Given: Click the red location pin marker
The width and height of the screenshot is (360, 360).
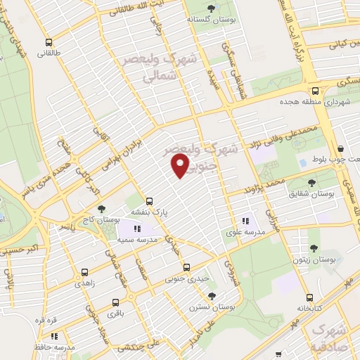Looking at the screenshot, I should [180, 166].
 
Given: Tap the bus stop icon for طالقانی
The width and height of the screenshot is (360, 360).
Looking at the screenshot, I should [48, 42].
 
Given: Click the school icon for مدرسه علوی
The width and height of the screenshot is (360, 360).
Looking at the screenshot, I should [245, 219].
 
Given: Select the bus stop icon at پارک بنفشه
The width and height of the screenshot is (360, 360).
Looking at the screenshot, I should [148, 200].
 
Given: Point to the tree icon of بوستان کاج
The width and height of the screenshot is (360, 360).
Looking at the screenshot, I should [103, 209].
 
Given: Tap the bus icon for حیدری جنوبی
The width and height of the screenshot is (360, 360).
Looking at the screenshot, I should [186, 267].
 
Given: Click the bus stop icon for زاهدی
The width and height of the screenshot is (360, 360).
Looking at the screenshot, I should [84, 272].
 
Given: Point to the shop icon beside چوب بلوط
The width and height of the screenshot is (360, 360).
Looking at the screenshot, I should [340, 148].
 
